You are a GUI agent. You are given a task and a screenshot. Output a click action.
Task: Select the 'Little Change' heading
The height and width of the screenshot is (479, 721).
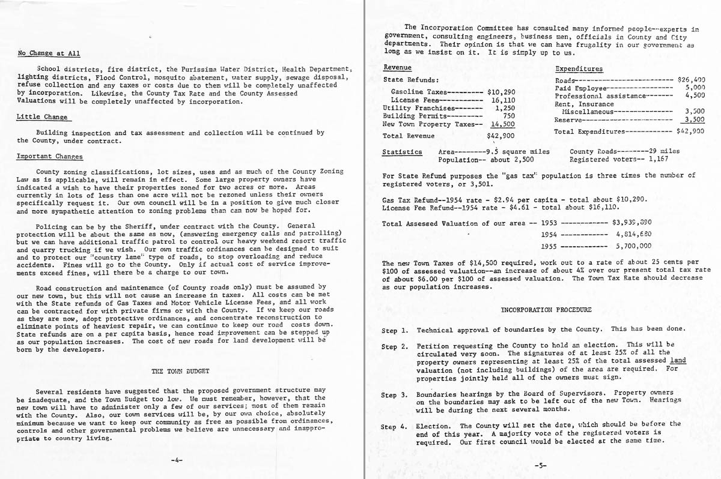point(41,117)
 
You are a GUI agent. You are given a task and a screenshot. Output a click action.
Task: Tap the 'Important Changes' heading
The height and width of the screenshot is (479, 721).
point(50,157)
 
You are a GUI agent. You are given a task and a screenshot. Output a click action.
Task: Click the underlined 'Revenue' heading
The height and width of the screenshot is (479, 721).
point(397,67)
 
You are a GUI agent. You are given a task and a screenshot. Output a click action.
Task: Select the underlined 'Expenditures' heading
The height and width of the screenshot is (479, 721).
point(579,69)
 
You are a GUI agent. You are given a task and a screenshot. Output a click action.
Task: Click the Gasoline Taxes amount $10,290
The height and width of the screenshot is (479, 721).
point(500,92)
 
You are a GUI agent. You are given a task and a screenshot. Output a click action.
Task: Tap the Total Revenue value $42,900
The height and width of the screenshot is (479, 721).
point(500,136)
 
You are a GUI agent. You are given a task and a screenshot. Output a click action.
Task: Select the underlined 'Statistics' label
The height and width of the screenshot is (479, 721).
point(402,152)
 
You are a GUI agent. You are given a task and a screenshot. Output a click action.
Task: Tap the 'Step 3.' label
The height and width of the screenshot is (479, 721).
point(395,395)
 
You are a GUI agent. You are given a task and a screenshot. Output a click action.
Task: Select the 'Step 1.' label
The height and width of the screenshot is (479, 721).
point(395,330)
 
